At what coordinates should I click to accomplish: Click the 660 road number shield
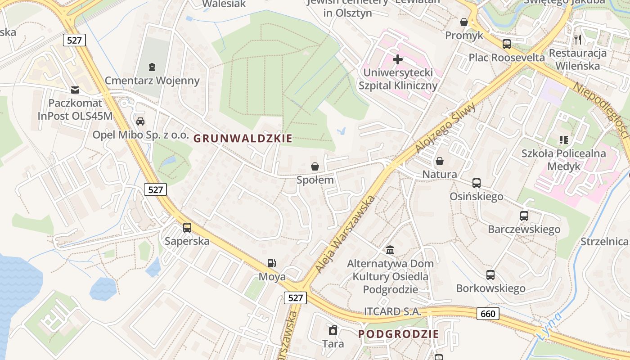(488, 314)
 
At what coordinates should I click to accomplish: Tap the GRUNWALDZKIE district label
(243, 139)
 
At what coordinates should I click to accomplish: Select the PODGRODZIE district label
(398, 334)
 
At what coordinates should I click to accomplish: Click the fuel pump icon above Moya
(271, 263)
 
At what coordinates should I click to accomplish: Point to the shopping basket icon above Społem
(315, 166)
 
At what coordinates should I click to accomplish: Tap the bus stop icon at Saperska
(187, 228)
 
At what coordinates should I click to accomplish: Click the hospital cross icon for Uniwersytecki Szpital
(398, 59)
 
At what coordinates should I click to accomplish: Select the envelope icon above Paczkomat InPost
(75, 90)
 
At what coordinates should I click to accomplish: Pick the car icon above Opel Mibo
(140, 121)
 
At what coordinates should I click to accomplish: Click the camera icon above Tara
(333, 330)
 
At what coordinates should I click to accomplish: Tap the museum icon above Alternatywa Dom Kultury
(390, 250)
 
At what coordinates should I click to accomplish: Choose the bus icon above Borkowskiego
(490, 274)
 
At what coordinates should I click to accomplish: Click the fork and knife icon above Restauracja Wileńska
(578, 39)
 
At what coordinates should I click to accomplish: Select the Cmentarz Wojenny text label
(152, 81)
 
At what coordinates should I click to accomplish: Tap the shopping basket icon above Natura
(440, 161)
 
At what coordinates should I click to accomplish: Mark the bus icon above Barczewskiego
(524, 216)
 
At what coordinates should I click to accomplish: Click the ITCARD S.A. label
(392, 311)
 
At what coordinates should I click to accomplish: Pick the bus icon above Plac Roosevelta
(507, 44)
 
